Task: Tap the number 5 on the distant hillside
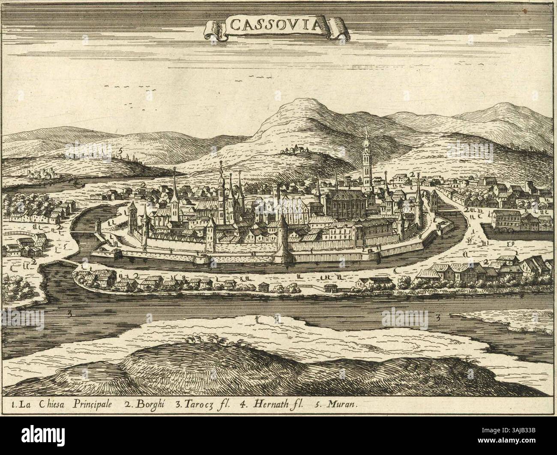tap(121, 151)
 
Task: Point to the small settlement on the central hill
tap(296, 150)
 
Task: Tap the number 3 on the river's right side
tap(439, 317)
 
